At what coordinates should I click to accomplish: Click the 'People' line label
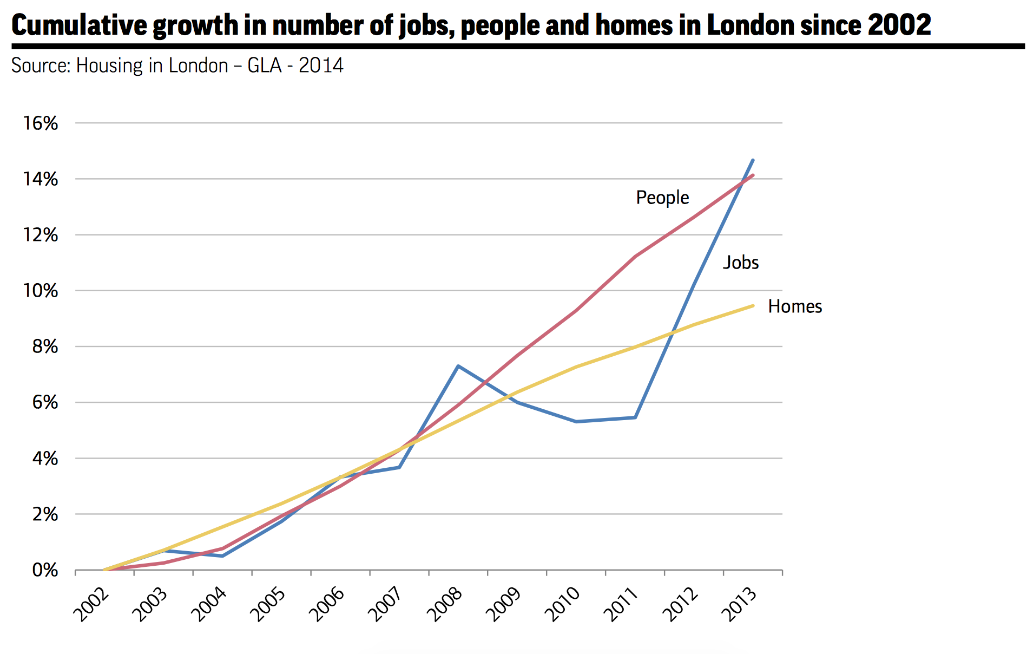(662, 198)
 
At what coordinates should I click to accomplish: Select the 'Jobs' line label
(741, 263)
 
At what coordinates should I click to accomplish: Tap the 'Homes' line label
(795, 306)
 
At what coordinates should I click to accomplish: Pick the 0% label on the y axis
(45, 570)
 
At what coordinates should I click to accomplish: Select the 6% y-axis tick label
(45, 402)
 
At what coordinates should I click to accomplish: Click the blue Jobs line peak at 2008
(458, 366)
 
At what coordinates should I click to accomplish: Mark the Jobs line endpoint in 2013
(753, 160)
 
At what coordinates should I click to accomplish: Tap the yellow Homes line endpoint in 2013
(753, 306)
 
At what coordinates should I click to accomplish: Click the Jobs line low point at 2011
(635, 417)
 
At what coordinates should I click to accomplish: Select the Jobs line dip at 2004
(222, 556)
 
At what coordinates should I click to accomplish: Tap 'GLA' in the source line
(265, 66)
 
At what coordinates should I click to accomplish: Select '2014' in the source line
(321, 66)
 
